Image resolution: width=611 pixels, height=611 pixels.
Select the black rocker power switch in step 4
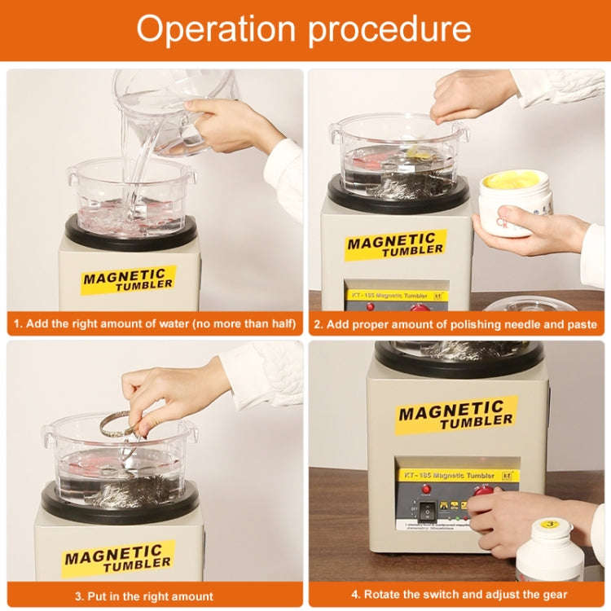pyautogui.click(x=428, y=512)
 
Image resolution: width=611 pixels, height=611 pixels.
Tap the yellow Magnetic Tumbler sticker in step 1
pyautogui.click(x=129, y=279)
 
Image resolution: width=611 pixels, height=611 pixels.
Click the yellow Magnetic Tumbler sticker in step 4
pyautogui.click(x=456, y=415)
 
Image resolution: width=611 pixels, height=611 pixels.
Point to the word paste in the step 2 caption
pyautogui.click(x=579, y=324)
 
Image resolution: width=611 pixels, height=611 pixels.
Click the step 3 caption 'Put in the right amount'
pyautogui.click(x=155, y=595)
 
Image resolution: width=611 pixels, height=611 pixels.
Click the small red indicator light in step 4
pyautogui.click(x=425, y=489)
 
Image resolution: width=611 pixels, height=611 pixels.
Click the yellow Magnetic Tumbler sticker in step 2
pyautogui.click(x=395, y=244)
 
